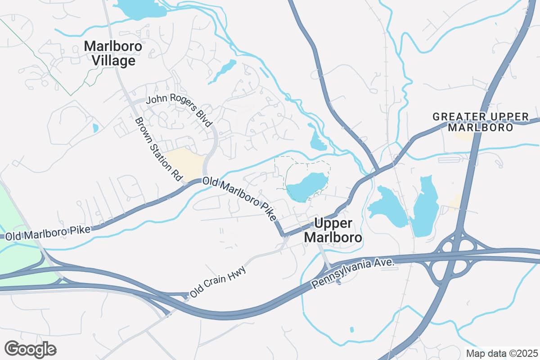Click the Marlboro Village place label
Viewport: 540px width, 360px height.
point(113,53)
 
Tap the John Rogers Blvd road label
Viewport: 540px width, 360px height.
point(179,111)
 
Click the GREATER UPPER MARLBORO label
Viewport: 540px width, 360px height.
point(480,122)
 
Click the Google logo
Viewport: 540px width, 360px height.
point(30,349)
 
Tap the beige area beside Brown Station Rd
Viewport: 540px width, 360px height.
point(187,163)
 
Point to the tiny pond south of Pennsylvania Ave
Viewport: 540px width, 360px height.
point(351,330)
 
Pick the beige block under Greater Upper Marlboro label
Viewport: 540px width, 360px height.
point(463,135)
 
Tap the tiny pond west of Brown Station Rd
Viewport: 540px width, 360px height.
point(95,128)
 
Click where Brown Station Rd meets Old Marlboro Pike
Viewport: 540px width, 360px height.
point(185,183)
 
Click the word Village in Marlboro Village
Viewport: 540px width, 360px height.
point(113,61)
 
